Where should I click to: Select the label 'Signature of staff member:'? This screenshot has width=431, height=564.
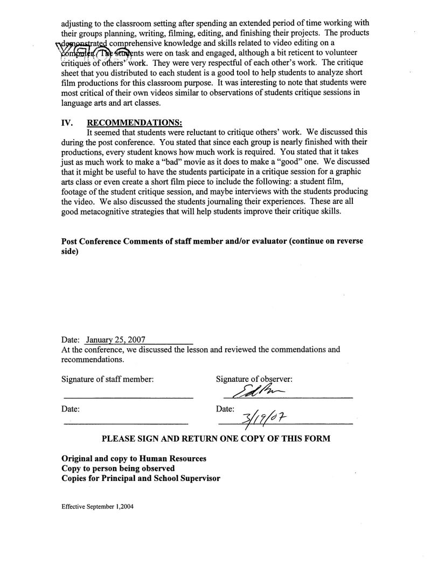tap(108, 379)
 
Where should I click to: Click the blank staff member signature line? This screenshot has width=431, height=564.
tap(128, 398)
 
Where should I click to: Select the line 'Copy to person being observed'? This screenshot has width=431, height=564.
tap(119, 469)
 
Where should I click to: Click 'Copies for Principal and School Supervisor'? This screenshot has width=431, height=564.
tap(141, 479)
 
